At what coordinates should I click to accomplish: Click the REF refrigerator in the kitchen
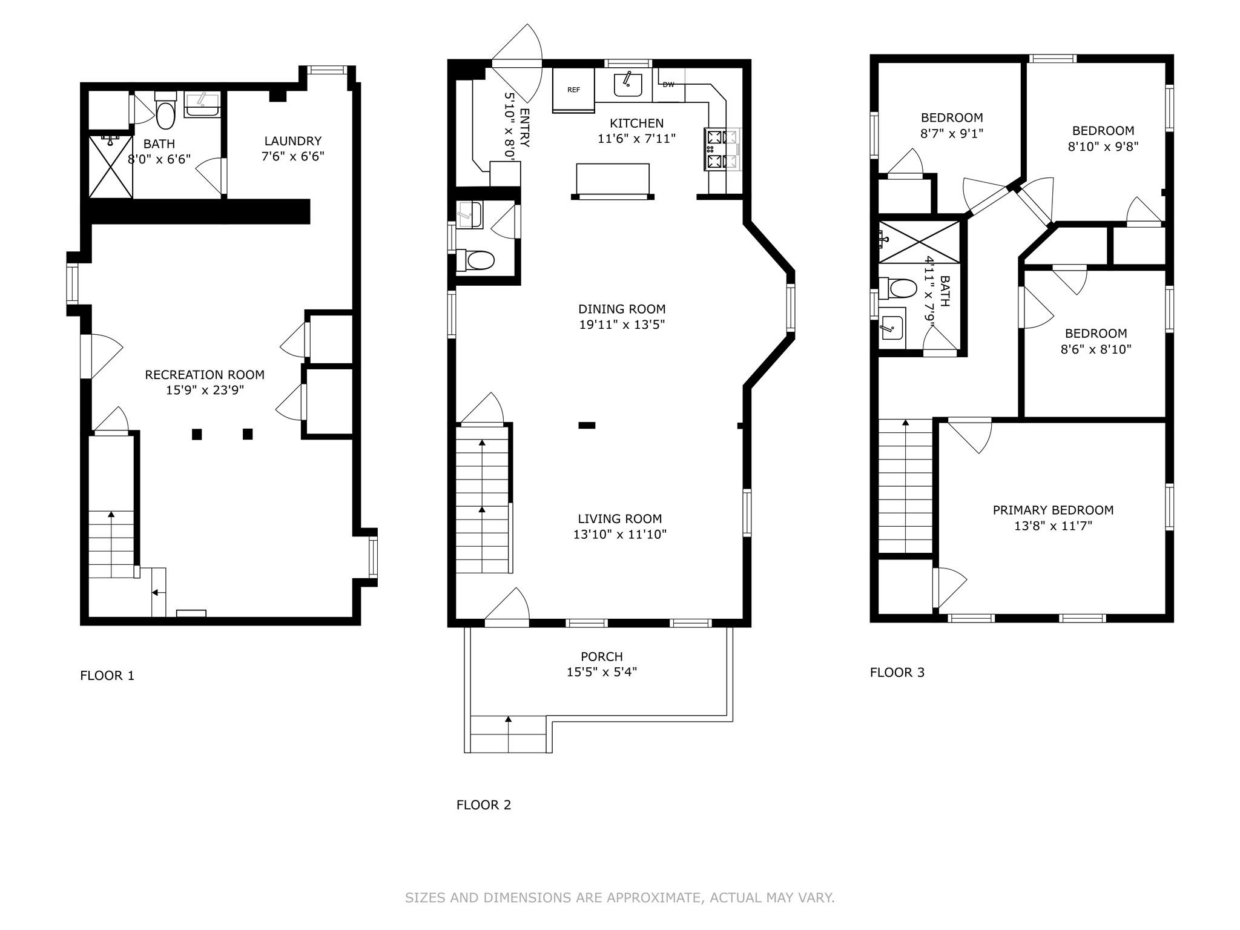573,90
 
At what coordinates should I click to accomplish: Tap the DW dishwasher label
668,85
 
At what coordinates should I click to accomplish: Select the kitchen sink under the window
628,84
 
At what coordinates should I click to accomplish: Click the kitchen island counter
613,179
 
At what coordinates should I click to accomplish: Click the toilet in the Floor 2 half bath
475,260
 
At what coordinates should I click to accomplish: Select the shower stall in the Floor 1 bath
111,167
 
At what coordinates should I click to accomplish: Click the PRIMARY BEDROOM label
1053,510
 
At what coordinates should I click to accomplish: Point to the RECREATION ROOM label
205,375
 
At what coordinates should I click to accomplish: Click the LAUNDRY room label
292,141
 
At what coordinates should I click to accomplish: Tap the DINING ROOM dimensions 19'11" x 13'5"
622,325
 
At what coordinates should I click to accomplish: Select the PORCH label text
602,656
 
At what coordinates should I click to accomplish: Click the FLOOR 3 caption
897,672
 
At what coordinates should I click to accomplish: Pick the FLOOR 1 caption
107,675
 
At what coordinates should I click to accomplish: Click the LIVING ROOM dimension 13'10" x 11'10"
620,534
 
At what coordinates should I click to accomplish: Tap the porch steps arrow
508,733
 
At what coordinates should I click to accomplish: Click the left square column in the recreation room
197,434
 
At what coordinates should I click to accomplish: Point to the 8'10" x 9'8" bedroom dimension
1103,146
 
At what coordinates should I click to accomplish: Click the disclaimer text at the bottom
620,897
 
